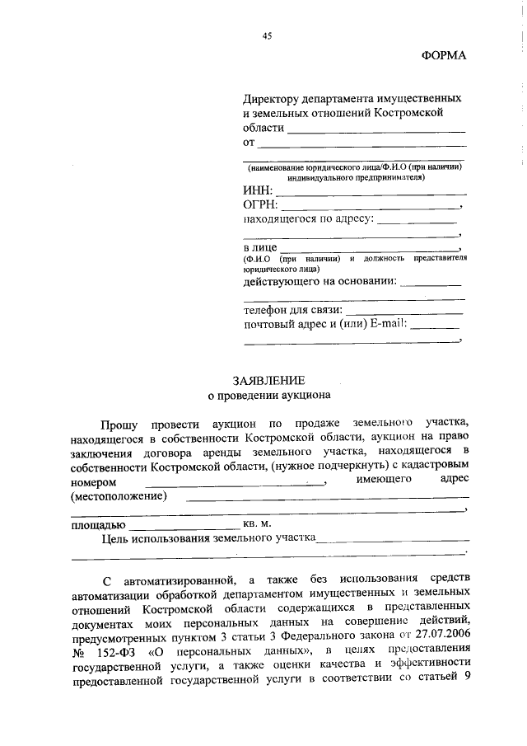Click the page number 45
coord(267,35)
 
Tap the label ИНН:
coord(258,190)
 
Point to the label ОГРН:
coord(261,204)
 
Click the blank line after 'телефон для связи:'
coord(403,314)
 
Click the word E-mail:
coord(389,324)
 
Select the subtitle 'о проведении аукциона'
coord(268,395)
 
